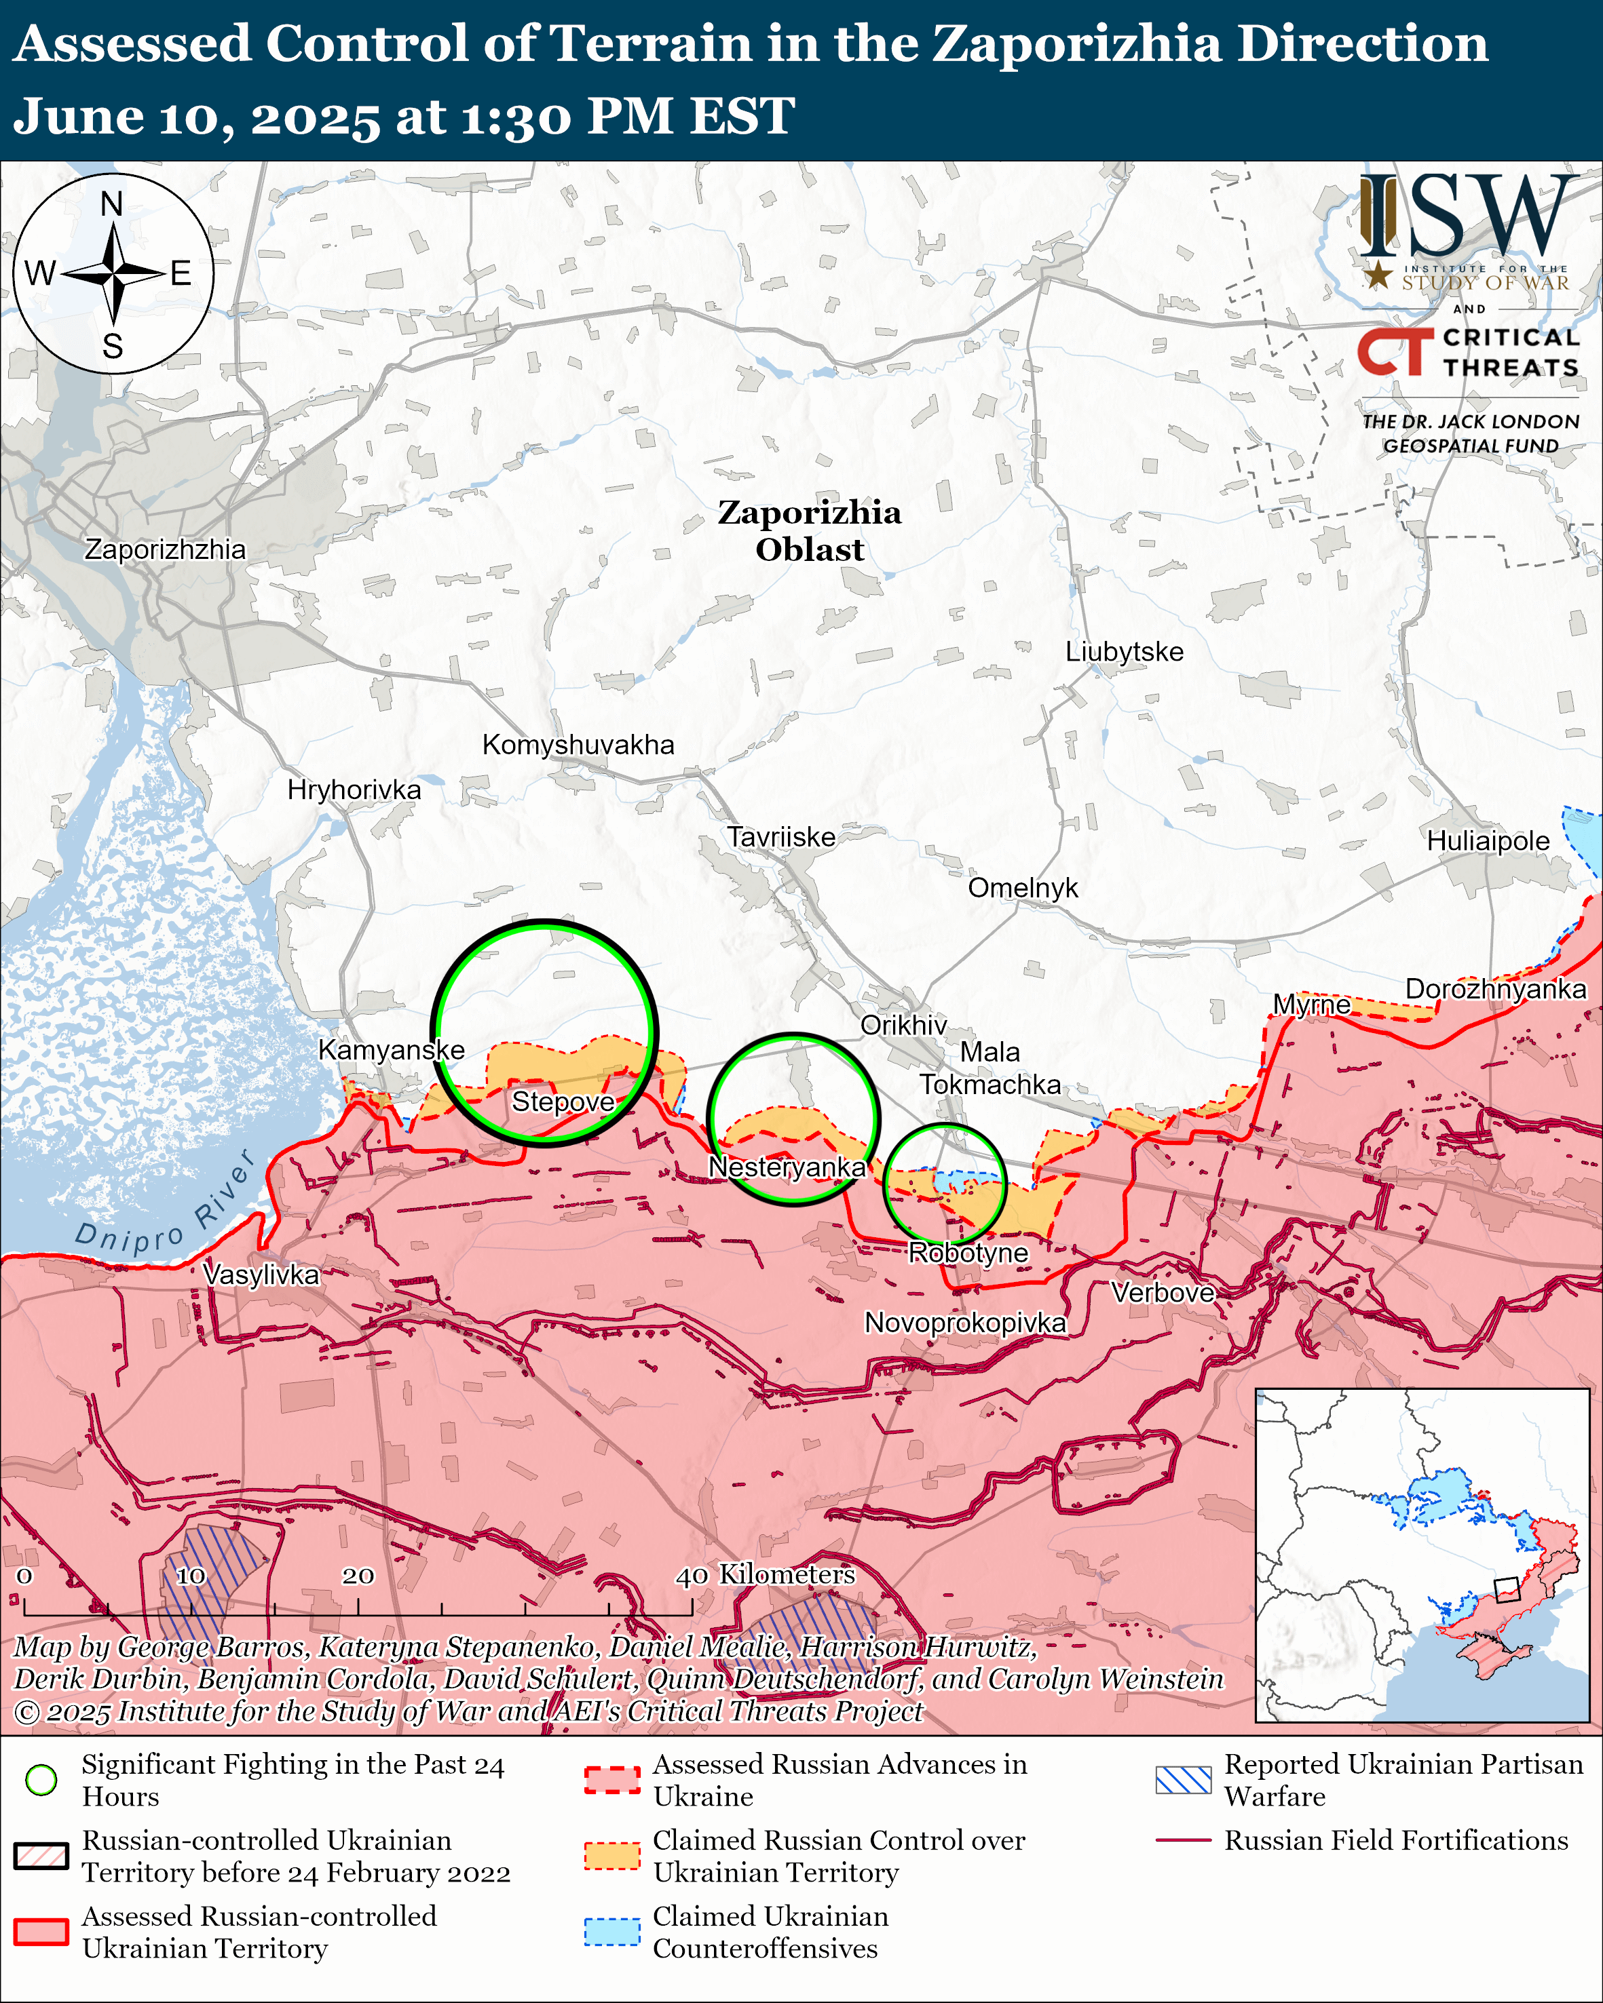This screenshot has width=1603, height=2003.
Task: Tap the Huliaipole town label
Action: pyautogui.click(x=1487, y=841)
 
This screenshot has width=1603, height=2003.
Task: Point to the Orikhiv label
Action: pyautogui.click(x=903, y=1025)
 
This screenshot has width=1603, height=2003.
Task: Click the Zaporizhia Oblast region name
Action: pyautogui.click(x=808, y=530)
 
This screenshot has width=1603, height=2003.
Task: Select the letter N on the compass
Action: pyautogui.click(x=111, y=204)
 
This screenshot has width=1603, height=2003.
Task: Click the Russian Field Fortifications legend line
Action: pyautogui.click(x=1183, y=1840)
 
